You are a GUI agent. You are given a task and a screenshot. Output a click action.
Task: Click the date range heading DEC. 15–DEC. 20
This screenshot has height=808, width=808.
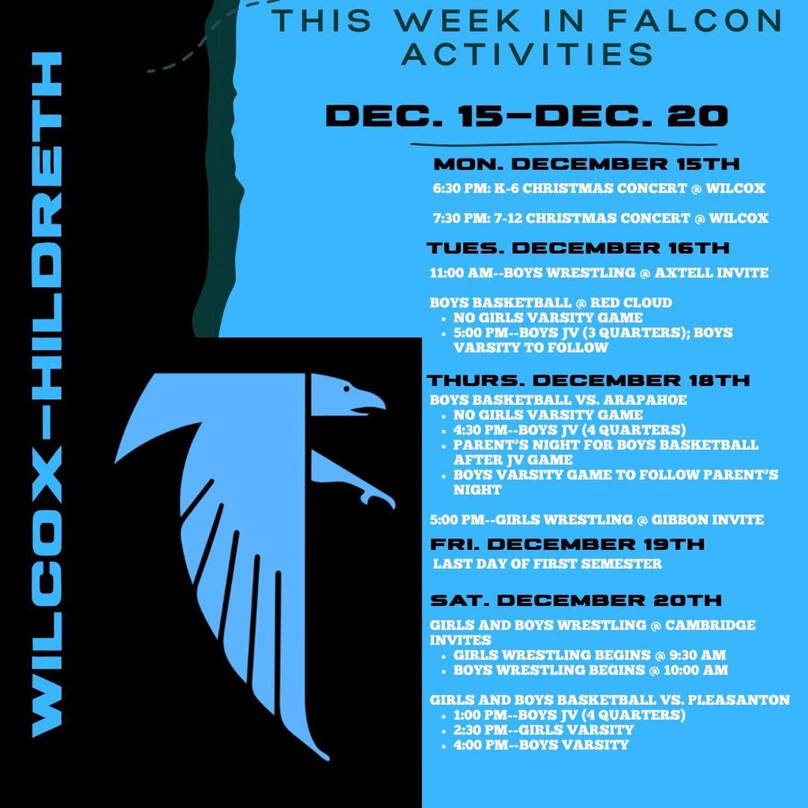526,117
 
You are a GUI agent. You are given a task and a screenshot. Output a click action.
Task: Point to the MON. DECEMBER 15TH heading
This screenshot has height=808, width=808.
586,165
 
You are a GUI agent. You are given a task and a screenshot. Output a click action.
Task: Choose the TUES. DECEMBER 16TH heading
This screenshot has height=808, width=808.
578,248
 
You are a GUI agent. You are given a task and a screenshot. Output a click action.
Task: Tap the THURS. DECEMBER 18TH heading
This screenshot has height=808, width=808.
588,380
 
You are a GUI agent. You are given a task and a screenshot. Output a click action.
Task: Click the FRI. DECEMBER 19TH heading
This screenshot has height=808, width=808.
567,544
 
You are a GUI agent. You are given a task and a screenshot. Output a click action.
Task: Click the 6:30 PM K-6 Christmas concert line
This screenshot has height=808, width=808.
599,189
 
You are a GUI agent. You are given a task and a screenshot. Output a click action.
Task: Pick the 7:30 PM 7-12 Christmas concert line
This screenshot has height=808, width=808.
600,218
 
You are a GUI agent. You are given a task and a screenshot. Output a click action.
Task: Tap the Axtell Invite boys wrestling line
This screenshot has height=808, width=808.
598,273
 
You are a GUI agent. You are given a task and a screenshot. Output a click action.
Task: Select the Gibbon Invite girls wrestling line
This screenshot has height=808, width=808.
597,520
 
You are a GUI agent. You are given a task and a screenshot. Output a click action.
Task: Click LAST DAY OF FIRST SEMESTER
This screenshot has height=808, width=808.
548,564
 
